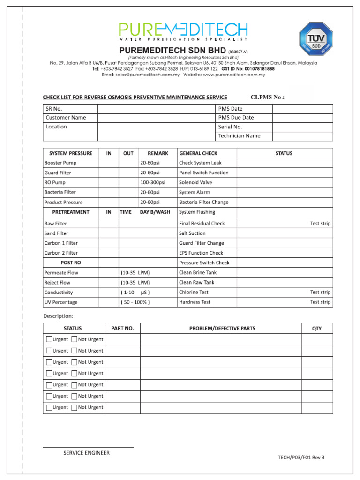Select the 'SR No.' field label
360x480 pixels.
click(x=54, y=109)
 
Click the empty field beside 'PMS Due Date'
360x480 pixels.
click(x=302, y=118)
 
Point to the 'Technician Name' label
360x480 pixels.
click(x=239, y=136)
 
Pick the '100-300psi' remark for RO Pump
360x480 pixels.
click(x=153, y=182)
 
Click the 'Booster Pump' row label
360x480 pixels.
click(x=60, y=163)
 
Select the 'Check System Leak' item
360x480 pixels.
click(x=200, y=163)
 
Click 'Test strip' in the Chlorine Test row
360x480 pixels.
click(x=320, y=292)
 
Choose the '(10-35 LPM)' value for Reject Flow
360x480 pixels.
click(x=135, y=282)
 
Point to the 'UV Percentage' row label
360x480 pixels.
click(x=61, y=302)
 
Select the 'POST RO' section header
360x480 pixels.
click(x=71, y=262)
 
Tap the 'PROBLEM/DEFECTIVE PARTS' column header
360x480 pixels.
click(x=222, y=328)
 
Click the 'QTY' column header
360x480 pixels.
click(x=317, y=328)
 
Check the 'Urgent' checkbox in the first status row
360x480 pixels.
click(x=49, y=339)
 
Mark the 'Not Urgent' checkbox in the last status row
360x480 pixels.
click(x=75, y=408)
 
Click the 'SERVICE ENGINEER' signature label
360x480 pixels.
click(x=87, y=453)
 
